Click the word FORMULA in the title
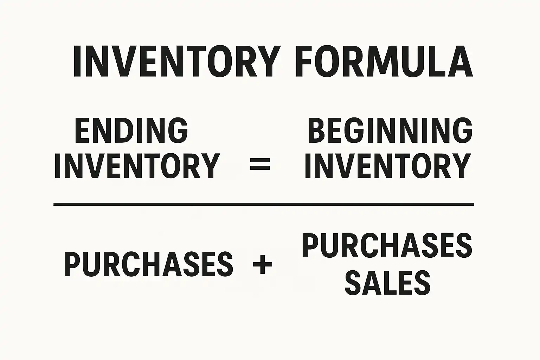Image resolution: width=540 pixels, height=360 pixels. point(384,62)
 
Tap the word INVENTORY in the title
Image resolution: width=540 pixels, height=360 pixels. point(177,62)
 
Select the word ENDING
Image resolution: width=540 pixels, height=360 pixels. point(131,130)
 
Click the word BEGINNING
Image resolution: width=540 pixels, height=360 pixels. point(390,130)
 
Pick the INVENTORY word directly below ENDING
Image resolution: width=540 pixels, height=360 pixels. point(137,166)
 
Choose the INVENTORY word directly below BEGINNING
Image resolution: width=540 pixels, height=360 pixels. point(387,166)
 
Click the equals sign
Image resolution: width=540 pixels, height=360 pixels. point(260,164)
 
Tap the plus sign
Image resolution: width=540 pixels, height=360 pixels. point(263,264)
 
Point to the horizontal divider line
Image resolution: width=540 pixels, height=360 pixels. point(264,204)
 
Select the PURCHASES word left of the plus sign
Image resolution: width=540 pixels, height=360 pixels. point(148,264)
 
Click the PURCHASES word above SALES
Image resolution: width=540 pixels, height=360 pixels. point(387,246)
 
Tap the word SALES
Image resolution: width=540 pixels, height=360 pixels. point(387,283)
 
